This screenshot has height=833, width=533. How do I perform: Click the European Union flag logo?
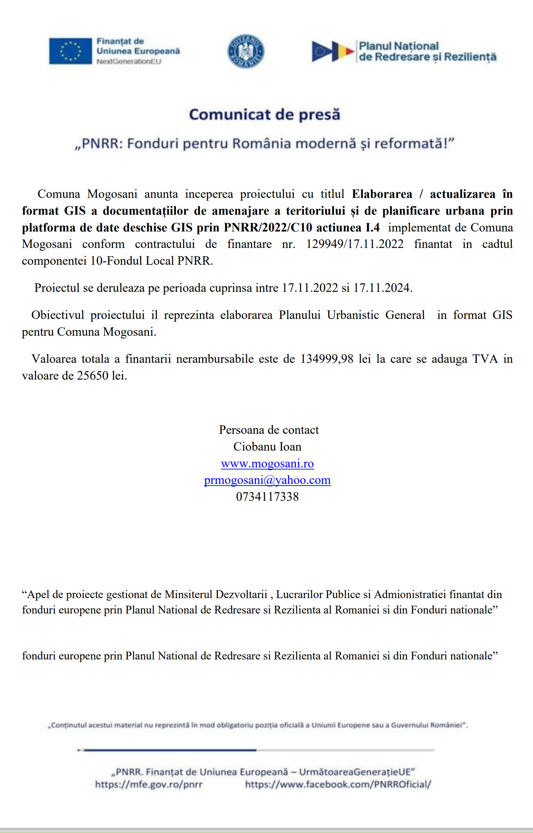pos(70,51)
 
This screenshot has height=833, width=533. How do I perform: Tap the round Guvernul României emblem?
pos(245,51)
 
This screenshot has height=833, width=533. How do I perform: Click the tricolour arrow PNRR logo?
pos(333,51)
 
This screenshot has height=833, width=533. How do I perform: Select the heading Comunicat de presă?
pos(265,115)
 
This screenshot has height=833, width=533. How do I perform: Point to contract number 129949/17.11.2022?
pos(355,244)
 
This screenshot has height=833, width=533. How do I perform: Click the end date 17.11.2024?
pos(382,288)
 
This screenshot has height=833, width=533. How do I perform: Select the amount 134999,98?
pos(327,359)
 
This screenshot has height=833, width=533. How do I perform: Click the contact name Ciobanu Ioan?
pos(267,446)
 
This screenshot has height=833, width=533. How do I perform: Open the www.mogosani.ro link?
pos(267,463)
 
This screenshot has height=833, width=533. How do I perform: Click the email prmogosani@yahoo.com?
pos(267,480)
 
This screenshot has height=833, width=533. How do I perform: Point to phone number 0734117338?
pos(267,497)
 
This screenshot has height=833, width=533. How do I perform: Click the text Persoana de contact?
pos(269,430)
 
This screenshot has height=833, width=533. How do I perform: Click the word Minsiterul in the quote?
pos(188,594)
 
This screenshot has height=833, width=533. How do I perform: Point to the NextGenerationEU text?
pos(129,62)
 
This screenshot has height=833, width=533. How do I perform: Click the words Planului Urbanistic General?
pos(352,314)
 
